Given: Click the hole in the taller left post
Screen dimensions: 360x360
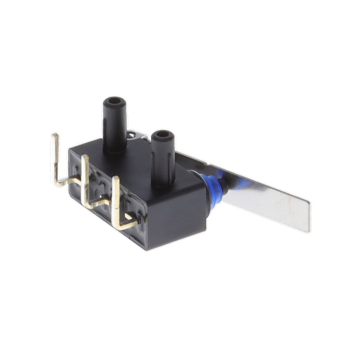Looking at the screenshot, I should [115, 102].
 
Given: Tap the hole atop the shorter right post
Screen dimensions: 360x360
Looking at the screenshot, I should [163, 135].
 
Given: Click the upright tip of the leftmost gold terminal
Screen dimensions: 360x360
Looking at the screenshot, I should [56, 146].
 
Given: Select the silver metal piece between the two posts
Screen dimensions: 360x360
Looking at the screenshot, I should [133, 136].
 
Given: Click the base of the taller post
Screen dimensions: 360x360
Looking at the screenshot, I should [115, 147].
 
